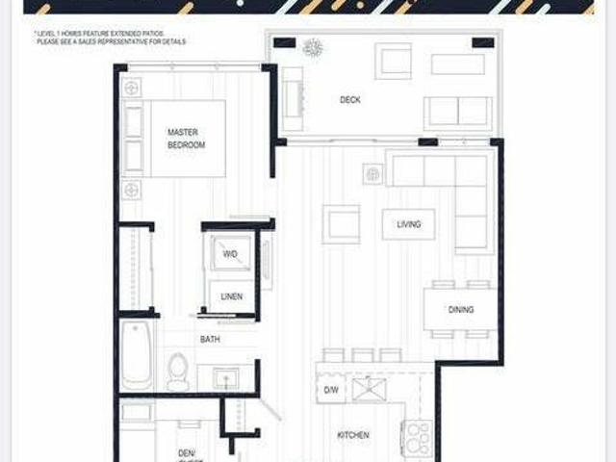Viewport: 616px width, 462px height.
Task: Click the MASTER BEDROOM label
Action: click(187, 139)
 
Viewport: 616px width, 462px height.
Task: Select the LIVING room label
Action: click(409, 225)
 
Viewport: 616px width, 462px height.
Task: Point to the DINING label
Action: click(460, 310)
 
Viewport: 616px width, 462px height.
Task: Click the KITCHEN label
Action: click(352, 435)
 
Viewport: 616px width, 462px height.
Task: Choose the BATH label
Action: click(210, 340)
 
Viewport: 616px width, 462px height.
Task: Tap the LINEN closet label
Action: click(231, 296)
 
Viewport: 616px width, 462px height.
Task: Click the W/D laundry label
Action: click(231, 254)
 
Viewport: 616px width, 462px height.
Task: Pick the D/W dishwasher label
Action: click(331, 390)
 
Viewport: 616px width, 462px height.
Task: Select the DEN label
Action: click(187, 452)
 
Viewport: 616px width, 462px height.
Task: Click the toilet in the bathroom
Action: click(178, 371)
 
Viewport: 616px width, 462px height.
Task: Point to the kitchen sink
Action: click(367, 390)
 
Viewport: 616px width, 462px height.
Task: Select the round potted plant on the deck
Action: click(313, 48)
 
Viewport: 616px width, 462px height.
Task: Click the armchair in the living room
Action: click(342, 225)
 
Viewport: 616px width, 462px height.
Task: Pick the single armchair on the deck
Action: click(395, 62)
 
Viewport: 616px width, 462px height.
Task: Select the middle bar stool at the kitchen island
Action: click(362, 354)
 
